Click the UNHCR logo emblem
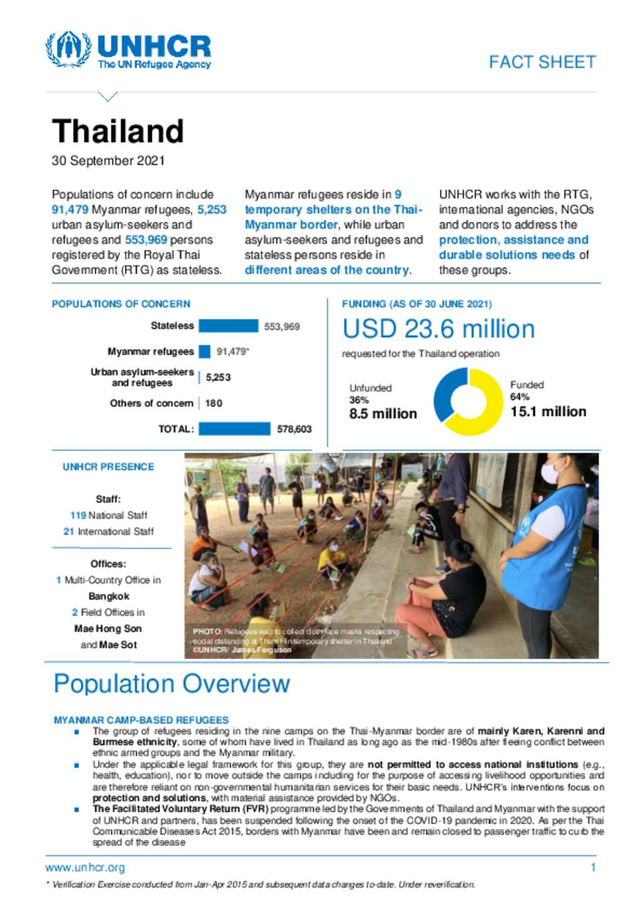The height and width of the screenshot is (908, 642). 68,49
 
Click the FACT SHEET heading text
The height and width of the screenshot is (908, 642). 542,62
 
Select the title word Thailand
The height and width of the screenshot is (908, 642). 118,132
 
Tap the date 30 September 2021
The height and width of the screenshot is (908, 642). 108,161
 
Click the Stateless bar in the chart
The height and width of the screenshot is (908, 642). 228,326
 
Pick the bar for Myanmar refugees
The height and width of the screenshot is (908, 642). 204,352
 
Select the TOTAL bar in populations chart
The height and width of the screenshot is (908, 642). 234,429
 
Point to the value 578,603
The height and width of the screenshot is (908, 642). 294,429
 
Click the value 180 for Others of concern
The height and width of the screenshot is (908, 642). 214,404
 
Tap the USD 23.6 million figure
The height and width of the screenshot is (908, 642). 438,329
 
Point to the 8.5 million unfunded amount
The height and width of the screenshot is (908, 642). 382,414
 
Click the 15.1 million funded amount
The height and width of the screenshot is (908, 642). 548,412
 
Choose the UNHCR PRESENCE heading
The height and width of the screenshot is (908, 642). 108,467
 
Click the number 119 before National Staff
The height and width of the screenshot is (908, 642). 78,515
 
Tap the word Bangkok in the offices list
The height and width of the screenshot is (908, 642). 108,596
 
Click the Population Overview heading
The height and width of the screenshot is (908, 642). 171,684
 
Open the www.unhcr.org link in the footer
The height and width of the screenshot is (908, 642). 85,868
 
